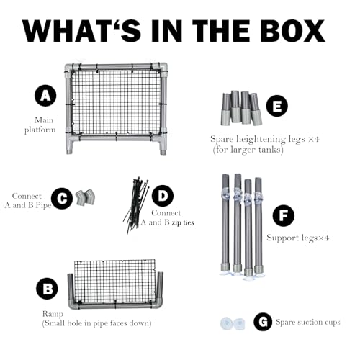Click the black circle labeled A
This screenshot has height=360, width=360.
[x=45, y=96]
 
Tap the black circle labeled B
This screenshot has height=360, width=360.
[x=47, y=288]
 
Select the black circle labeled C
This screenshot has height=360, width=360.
[x=62, y=198]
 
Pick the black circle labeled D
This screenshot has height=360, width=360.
[x=163, y=196]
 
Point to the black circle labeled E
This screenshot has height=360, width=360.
[x=277, y=106]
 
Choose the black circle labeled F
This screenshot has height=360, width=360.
[x=284, y=215]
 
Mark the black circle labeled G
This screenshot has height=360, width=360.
[x=263, y=322]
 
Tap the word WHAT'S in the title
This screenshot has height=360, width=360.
[x=82, y=31]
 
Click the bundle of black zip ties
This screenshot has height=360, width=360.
[x=136, y=205]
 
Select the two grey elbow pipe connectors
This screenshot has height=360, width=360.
[x=86, y=197]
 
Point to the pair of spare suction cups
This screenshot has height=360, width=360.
[x=233, y=323]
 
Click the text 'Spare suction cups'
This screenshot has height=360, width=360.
[x=308, y=322]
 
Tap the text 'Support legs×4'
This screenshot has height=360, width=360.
[x=297, y=238]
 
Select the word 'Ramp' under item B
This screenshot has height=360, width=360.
[x=53, y=314]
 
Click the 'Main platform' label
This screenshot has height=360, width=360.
[x=40, y=125]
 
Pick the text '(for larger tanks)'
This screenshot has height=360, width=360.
[x=248, y=150]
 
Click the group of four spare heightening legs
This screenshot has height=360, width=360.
[x=241, y=108]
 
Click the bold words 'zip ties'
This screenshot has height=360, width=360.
[x=183, y=222]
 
